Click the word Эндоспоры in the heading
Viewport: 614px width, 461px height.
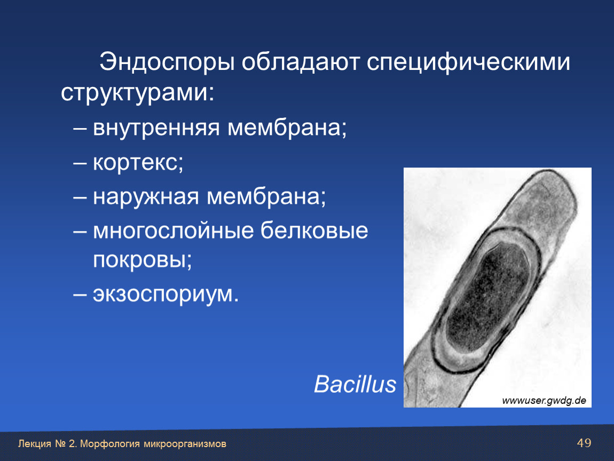167,62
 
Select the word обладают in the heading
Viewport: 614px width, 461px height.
301,62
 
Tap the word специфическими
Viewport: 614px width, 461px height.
468,62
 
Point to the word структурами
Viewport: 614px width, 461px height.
137,93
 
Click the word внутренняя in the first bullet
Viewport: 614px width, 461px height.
156,128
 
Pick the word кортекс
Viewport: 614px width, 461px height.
138,162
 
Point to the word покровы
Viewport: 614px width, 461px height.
143,260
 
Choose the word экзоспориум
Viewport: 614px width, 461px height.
166,295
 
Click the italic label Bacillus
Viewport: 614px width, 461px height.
355,384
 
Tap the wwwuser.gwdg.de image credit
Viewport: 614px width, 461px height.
544,400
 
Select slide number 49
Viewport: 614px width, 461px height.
584,443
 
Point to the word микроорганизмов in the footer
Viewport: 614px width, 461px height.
185,444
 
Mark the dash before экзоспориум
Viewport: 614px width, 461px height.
80,295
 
